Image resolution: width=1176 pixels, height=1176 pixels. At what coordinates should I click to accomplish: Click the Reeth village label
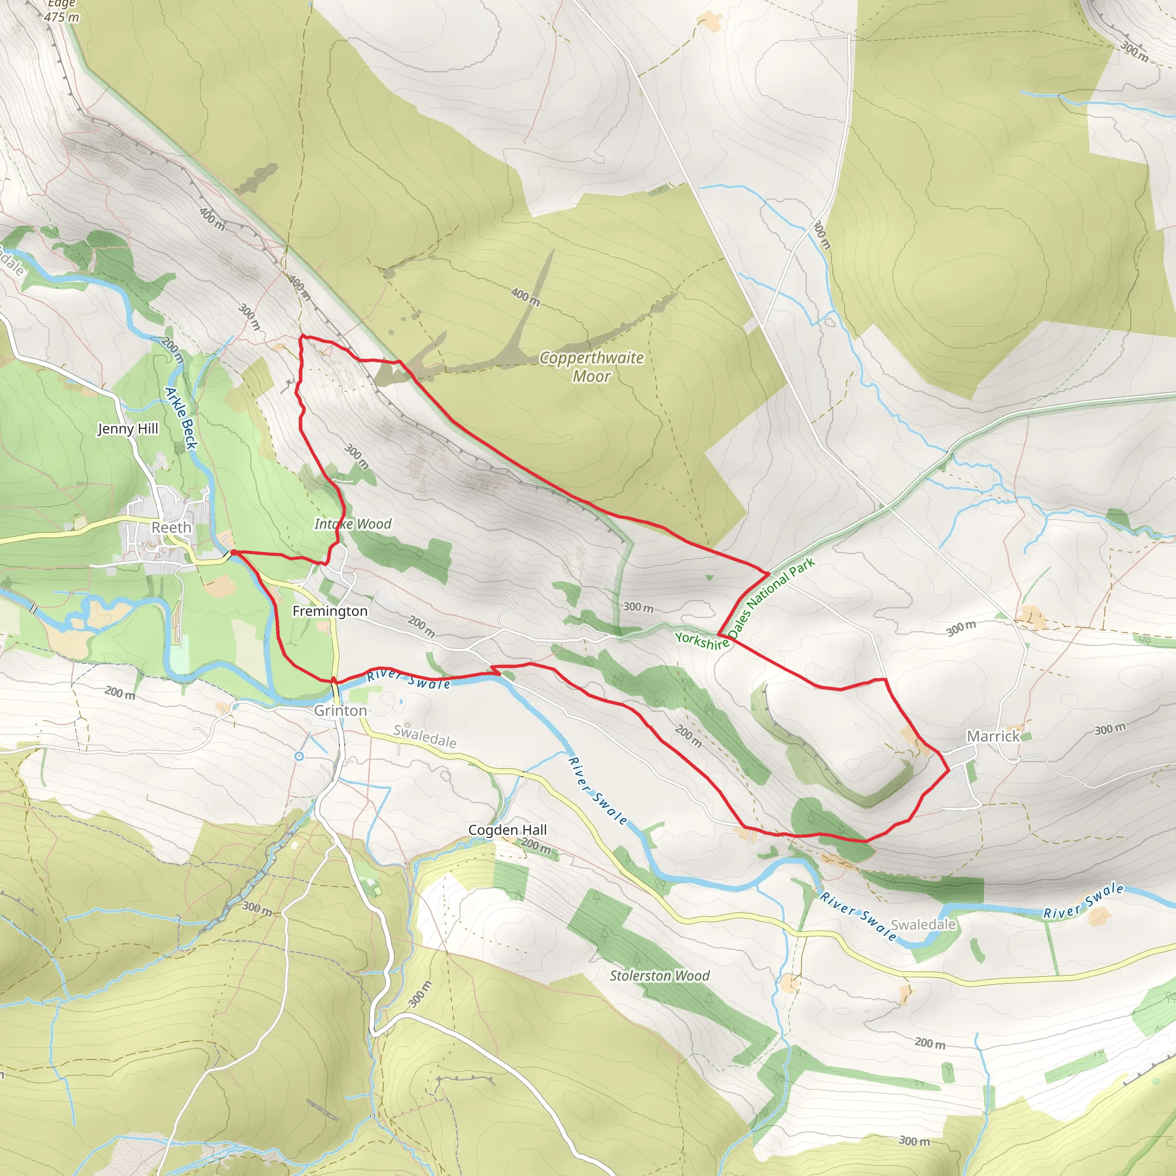tap(171, 527)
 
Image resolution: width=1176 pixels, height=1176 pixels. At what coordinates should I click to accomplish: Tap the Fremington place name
tap(330, 611)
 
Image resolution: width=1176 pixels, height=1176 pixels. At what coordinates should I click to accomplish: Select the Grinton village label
tap(341, 710)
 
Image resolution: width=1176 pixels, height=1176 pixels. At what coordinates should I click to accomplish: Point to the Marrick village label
tap(993, 737)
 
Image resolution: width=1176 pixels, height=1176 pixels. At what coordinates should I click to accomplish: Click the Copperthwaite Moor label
tap(591, 366)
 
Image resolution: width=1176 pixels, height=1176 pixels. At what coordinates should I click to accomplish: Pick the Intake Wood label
tap(353, 524)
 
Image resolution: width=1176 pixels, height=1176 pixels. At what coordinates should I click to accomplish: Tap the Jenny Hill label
tap(128, 428)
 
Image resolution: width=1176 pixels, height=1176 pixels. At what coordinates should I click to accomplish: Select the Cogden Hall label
tap(507, 830)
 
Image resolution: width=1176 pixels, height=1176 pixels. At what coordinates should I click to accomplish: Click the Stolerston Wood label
tap(660, 976)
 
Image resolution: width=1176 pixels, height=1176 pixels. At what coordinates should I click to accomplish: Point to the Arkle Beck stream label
tap(181, 419)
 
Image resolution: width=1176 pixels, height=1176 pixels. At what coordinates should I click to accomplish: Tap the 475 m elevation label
tap(61, 17)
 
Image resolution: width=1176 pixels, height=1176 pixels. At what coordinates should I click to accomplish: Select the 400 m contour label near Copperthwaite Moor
tap(525, 297)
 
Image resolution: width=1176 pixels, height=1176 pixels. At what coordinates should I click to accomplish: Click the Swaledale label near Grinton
tap(425, 737)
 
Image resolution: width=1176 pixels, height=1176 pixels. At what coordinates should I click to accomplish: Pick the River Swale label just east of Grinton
tap(408, 679)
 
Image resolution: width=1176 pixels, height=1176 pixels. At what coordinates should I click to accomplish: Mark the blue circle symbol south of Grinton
tap(299, 756)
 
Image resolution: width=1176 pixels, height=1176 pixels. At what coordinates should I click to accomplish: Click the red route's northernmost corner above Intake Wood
tap(303, 336)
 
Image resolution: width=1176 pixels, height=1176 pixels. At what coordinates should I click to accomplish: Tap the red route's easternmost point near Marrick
tap(949, 771)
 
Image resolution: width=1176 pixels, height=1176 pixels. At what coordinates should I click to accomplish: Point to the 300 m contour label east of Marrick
tap(1109, 729)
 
